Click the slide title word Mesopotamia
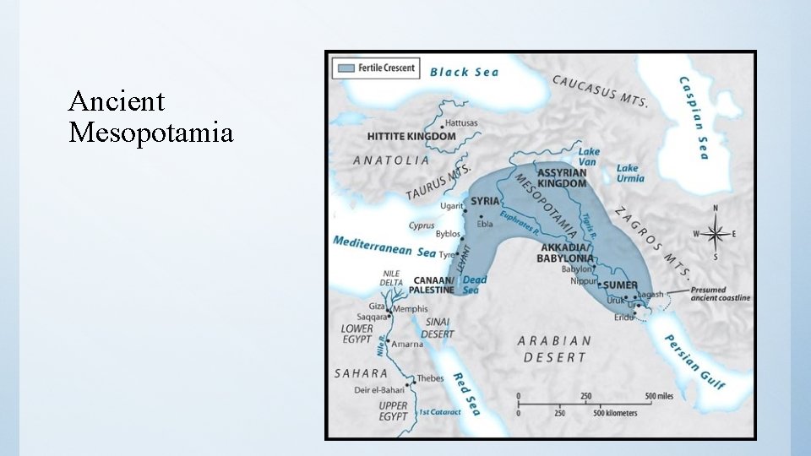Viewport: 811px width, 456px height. click(151, 133)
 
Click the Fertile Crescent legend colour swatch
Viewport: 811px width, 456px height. click(346, 67)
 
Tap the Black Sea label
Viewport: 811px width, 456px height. click(465, 72)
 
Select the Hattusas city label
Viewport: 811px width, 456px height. click(461, 122)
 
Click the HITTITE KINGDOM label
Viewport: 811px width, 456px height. click(411, 136)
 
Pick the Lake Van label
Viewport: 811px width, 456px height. click(590, 156)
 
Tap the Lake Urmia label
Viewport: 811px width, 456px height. click(629, 173)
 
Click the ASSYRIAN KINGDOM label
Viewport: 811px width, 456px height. click(562, 178)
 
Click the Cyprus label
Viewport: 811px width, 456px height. click(422, 225)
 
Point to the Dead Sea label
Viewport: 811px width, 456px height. click(475, 285)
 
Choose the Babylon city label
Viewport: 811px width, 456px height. click(577, 269)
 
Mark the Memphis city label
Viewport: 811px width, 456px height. click(411, 309)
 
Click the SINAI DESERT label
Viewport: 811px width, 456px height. click(438, 327)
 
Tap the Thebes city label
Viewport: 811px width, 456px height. click(430, 378)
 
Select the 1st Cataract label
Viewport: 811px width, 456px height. click(440, 412)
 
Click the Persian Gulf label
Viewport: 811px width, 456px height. click(694, 361)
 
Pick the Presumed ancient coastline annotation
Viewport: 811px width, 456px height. click(720, 295)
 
